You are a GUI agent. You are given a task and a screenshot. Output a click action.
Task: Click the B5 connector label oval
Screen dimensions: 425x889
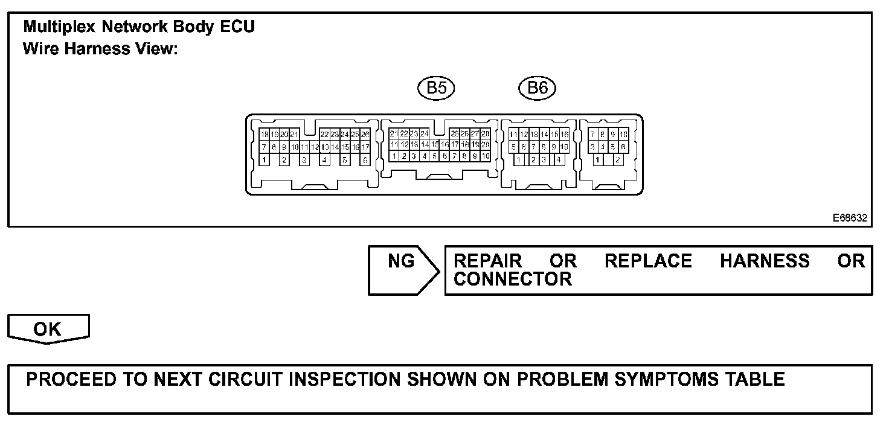(x=436, y=88)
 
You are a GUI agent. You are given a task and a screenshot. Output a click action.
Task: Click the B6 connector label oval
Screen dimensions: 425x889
(x=537, y=88)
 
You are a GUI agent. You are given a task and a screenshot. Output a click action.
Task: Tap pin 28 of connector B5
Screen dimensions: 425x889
(x=486, y=133)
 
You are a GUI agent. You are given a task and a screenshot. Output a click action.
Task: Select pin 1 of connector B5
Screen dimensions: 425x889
(x=394, y=156)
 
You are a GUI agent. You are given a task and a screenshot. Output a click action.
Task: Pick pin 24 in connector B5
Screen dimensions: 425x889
(x=425, y=133)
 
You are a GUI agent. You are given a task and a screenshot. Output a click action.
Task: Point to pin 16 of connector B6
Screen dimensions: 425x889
(x=565, y=134)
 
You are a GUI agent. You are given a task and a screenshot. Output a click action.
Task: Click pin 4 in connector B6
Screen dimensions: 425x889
(x=559, y=160)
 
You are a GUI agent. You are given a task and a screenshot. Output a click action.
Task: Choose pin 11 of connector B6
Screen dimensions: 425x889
(x=513, y=134)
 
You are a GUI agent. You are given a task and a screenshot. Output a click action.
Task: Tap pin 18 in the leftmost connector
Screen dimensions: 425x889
(x=264, y=134)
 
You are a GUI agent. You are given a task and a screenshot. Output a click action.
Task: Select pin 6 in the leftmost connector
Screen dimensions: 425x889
(x=365, y=160)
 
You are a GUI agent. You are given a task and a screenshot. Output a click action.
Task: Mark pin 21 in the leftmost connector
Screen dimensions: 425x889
(x=295, y=134)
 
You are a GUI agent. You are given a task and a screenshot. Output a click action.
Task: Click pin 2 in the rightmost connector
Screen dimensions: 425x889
(x=617, y=160)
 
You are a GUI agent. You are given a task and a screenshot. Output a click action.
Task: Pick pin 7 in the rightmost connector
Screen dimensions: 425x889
(x=593, y=134)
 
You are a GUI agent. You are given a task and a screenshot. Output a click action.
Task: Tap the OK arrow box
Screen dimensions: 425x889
(x=48, y=329)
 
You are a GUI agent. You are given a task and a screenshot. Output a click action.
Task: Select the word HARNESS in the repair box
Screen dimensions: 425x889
(x=765, y=261)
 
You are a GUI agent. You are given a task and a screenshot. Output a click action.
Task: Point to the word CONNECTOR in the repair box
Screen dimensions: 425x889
(x=513, y=279)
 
